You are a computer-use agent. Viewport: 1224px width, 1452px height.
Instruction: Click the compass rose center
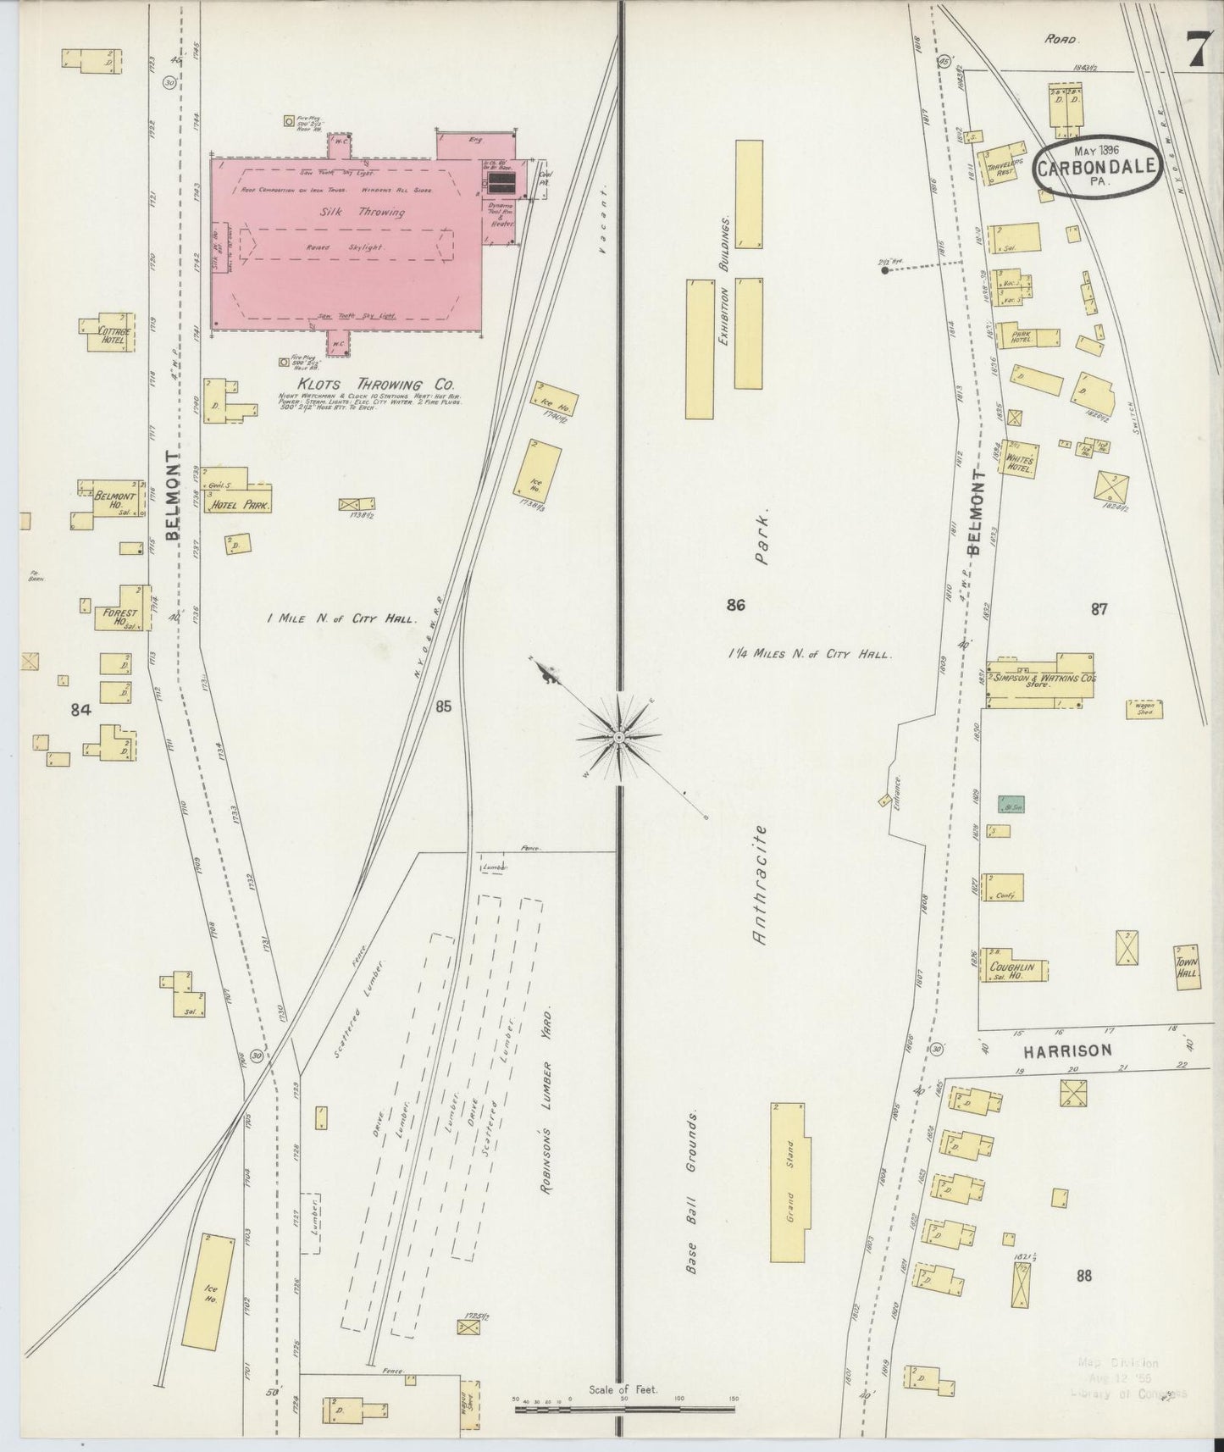tap(620, 738)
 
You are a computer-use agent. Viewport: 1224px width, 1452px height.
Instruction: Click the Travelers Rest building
tap(1000, 166)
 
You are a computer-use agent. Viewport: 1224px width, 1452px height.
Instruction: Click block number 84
tap(80, 710)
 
